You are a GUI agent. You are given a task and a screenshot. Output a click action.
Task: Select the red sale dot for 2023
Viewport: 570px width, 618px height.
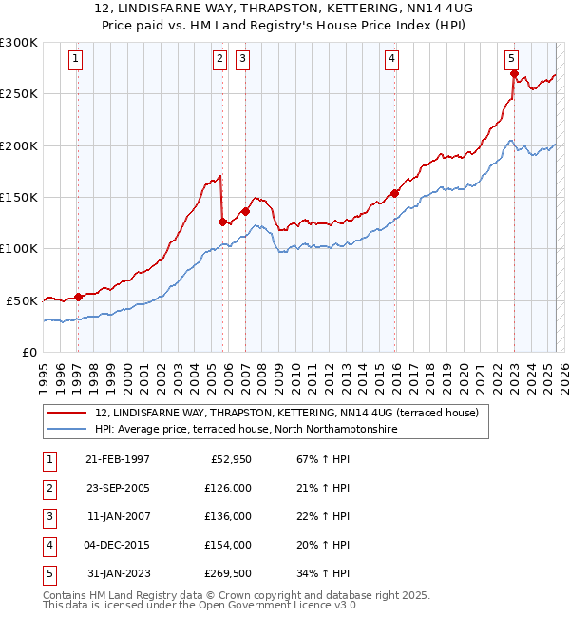click(513, 74)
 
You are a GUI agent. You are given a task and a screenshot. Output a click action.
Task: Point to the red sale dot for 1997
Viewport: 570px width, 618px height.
click(79, 297)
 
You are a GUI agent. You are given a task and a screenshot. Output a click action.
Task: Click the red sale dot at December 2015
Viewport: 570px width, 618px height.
click(394, 193)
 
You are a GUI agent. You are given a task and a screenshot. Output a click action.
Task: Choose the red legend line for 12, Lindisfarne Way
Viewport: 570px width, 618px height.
click(67, 414)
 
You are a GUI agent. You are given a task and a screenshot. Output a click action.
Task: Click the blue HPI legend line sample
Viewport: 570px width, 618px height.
click(67, 430)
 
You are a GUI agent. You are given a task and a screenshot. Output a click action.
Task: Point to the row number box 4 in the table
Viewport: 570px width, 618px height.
click(48, 545)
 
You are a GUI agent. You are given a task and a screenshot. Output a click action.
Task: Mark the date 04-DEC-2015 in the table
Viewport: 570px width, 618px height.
click(118, 545)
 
